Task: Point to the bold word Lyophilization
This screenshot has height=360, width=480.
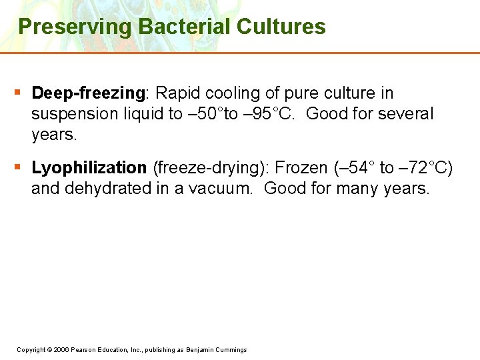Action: coord(89,167)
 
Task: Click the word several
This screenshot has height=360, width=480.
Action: coord(406,114)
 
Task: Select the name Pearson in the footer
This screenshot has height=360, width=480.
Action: coord(87,350)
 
